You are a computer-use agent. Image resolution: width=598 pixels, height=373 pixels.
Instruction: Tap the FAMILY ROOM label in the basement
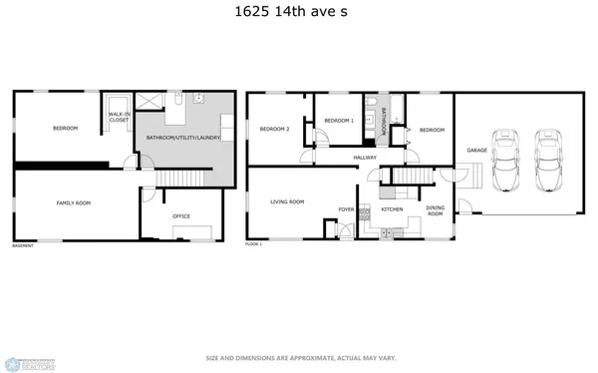[x=73, y=202]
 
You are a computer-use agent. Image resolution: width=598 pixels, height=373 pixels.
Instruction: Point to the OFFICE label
[x=181, y=215]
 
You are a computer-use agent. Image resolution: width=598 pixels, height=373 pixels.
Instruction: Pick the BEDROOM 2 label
[x=274, y=129]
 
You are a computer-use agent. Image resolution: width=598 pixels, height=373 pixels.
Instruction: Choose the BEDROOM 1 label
[x=340, y=120]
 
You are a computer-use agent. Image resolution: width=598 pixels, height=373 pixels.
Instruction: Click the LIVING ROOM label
[x=287, y=202]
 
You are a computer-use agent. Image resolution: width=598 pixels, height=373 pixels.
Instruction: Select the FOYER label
[x=346, y=209]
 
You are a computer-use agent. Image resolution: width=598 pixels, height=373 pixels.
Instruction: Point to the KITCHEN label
[x=392, y=209]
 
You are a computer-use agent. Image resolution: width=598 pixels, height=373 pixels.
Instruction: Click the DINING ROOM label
[x=436, y=210]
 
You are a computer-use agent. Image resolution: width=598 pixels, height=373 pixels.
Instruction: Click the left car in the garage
[x=507, y=161]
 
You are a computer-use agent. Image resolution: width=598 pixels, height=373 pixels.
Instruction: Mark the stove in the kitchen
[x=366, y=215]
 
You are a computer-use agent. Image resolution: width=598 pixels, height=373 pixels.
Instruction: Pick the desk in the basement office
[x=192, y=232]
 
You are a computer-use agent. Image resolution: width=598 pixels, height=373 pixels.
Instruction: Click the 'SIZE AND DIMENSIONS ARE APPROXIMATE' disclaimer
[x=298, y=357]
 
